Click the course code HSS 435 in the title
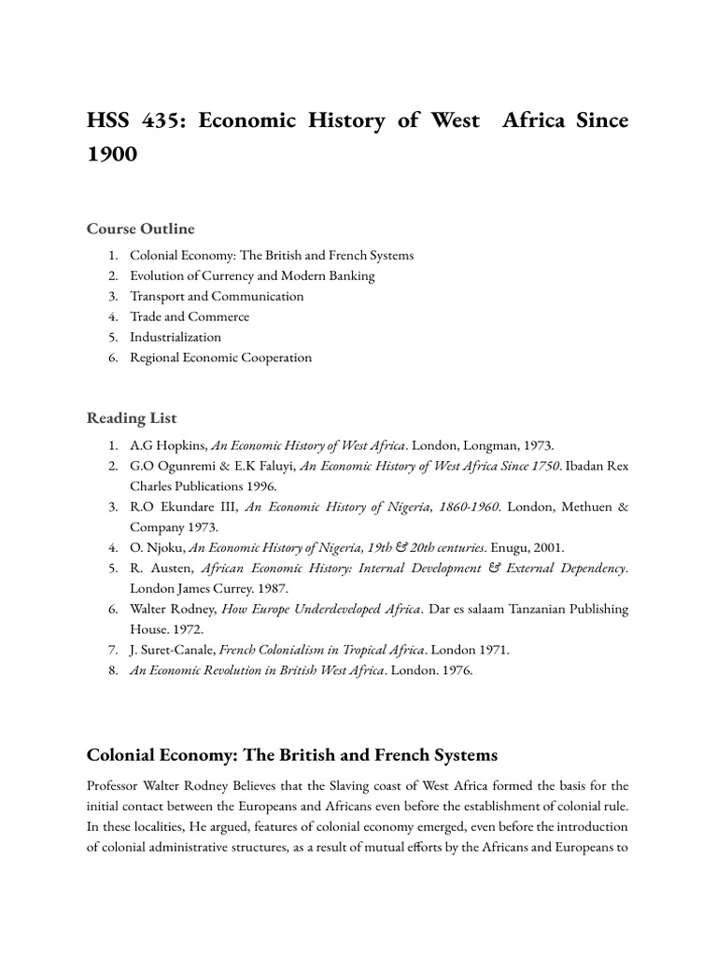132,121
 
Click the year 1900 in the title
112,154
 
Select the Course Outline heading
141,229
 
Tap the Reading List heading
132,418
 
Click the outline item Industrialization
176,337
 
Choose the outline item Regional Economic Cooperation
221,358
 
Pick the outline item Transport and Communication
217,296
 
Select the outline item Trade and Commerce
190,316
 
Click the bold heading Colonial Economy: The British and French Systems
292,754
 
